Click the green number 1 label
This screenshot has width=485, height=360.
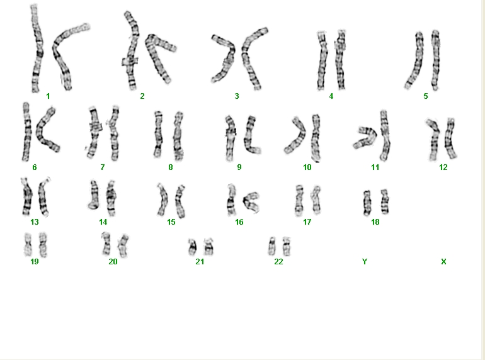[x=48, y=96]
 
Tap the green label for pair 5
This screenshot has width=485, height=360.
[x=426, y=96]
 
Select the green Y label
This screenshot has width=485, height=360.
[x=365, y=262]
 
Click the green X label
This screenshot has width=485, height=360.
[x=443, y=262]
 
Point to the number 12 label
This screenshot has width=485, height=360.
[x=443, y=167]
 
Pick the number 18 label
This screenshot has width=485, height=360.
[x=375, y=222]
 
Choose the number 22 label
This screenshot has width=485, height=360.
[x=278, y=262]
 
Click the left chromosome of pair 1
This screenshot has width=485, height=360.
[x=37, y=48]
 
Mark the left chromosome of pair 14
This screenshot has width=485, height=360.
[x=94, y=195]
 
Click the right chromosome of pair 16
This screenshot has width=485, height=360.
[x=251, y=202]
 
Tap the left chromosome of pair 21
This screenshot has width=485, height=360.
[x=192, y=247]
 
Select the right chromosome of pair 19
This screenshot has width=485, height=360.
[x=43, y=245]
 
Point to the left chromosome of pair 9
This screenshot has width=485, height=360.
[x=230, y=138]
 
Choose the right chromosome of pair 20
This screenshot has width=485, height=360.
[x=123, y=246]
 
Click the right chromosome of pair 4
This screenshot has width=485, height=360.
[x=340, y=60]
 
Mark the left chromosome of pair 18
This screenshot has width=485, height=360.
[x=367, y=203]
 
